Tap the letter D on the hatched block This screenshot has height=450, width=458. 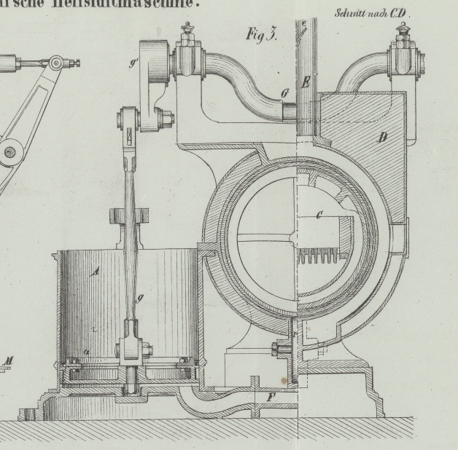pyautogui.click(x=381, y=138)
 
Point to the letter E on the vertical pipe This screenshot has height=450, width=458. pyautogui.click(x=306, y=83)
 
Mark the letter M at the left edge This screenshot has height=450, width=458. pyautogui.click(x=9, y=360)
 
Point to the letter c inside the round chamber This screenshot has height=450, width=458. pyautogui.click(x=319, y=214)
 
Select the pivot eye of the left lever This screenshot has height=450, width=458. pyautogui.click(x=9, y=152)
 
